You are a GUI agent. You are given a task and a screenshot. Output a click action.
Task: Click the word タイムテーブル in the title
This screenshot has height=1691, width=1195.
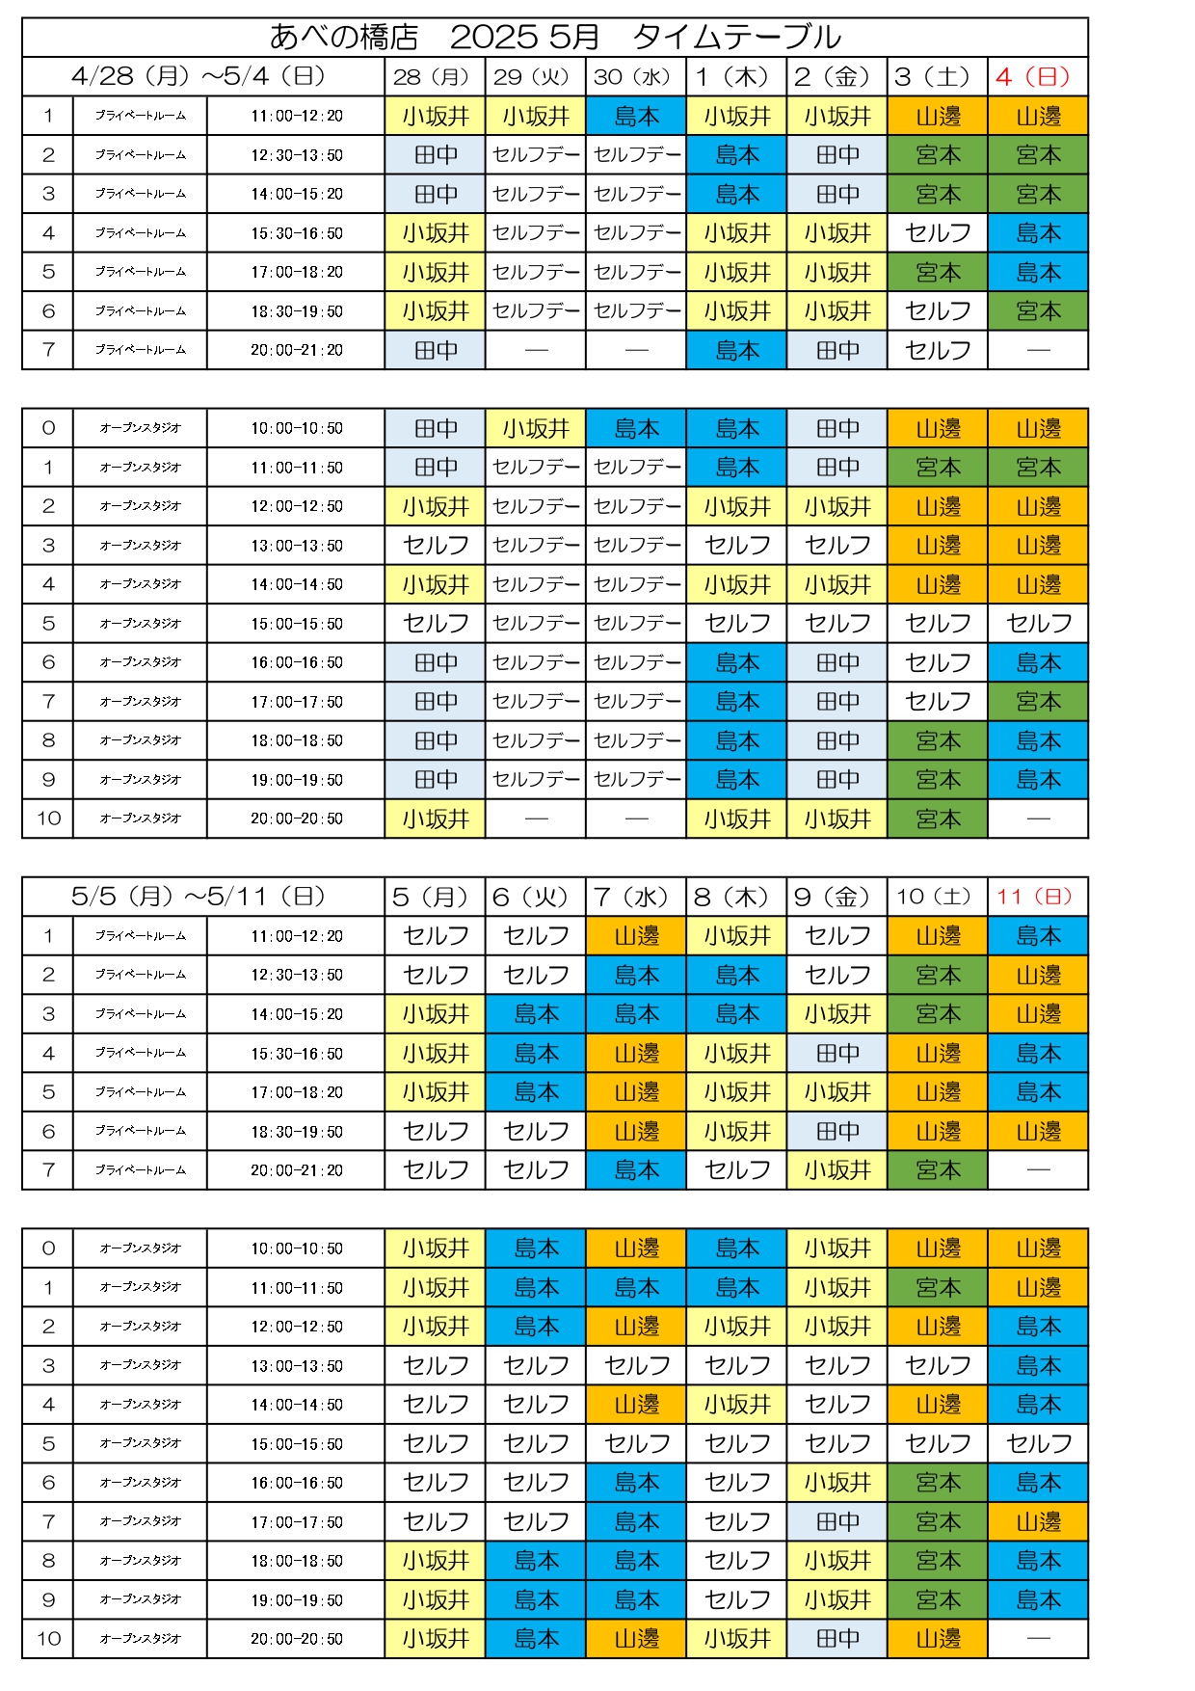coord(737,37)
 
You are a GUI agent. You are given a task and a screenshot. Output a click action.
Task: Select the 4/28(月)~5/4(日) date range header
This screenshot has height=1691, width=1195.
coord(199,76)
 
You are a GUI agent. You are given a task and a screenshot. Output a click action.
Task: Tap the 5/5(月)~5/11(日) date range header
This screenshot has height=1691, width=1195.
coord(199,897)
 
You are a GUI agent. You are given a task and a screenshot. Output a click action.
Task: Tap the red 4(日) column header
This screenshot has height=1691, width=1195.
coord(1038,76)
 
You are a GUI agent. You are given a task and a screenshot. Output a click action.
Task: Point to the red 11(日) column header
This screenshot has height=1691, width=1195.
coord(1038,897)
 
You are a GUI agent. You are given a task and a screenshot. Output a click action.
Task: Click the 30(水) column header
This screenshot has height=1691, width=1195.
coord(636,76)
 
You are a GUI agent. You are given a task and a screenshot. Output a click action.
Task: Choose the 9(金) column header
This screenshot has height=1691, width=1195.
coord(836,897)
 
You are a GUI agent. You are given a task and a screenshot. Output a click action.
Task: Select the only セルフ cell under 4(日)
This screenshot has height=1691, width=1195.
coord(1038,623)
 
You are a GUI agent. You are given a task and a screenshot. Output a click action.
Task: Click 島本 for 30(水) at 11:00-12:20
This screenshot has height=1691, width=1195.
coord(636,116)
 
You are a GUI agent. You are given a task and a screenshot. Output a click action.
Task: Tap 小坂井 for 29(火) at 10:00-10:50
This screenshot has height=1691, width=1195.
coord(536,428)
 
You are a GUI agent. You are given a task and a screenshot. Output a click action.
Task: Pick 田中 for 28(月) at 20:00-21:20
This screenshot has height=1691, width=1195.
coord(436,350)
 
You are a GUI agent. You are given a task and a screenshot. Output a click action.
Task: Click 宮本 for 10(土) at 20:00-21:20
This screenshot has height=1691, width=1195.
coord(938,1169)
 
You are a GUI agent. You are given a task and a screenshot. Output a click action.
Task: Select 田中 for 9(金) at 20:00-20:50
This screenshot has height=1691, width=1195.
coord(836,1638)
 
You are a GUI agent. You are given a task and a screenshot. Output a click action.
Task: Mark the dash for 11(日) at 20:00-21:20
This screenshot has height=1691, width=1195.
coord(1038,1169)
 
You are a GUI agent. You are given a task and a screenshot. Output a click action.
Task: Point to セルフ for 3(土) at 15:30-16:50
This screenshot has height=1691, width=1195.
coord(938,232)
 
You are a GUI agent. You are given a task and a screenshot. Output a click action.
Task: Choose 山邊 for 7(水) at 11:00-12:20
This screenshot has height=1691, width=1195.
coord(636,935)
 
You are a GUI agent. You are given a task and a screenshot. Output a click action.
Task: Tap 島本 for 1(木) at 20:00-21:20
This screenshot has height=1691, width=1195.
coord(736,350)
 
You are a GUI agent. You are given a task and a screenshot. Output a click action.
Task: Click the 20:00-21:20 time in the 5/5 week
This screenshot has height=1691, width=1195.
coord(296,1169)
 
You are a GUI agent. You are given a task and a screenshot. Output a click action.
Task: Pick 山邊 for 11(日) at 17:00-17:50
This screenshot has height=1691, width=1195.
coord(1038,1521)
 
